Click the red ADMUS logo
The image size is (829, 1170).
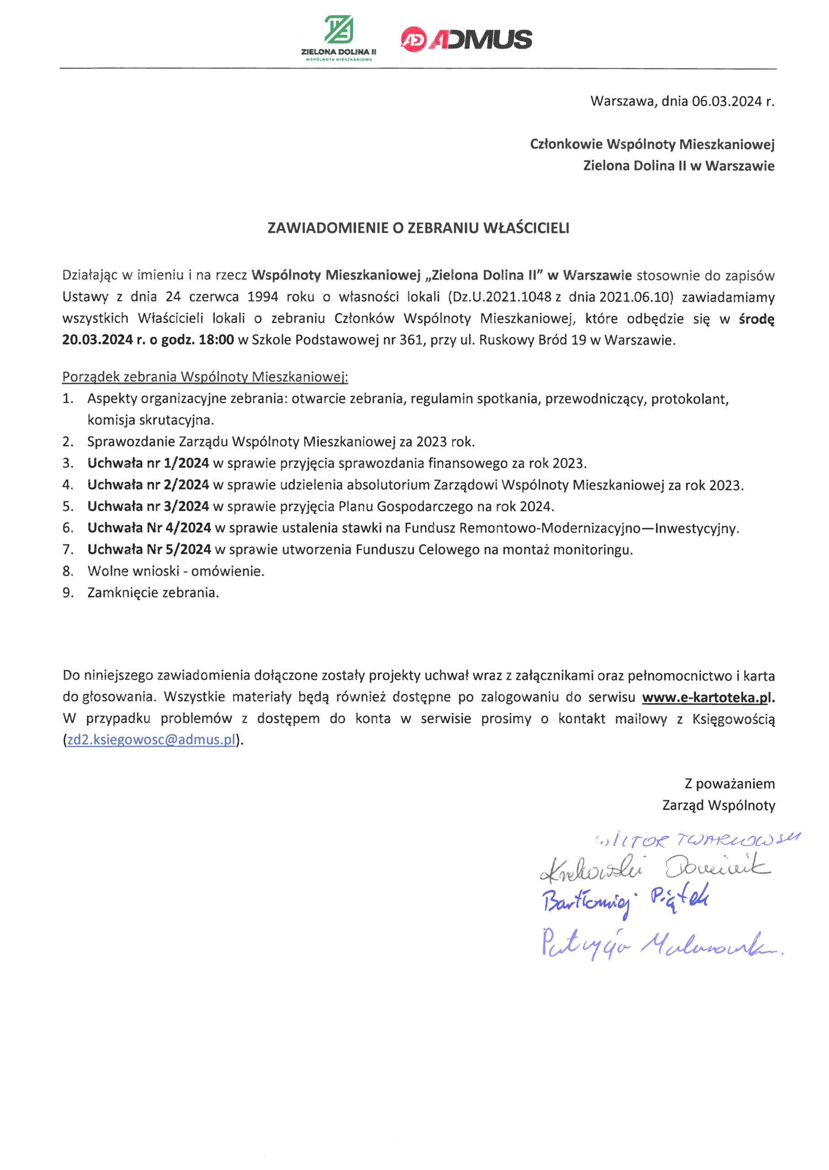click(x=466, y=39)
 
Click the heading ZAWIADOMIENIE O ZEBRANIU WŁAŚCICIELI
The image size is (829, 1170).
click(x=418, y=228)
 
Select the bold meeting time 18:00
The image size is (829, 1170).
click(x=217, y=340)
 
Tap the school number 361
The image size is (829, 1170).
click(x=412, y=340)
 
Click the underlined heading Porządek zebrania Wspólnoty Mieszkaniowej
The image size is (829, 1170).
click(x=205, y=377)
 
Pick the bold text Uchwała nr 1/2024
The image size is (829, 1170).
click(x=148, y=463)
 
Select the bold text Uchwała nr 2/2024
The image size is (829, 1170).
click(x=148, y=484)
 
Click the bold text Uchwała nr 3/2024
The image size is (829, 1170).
click(x=148, y=506)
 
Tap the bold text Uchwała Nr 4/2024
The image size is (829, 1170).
click(x=149, y=528)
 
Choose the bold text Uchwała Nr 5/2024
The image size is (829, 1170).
click(x=149, y=549)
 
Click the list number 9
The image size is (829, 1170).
click(x=68, y=593)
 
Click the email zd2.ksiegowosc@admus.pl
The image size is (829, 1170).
click(x=151, y=740)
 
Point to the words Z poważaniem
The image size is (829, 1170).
click(x=729, y=783)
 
